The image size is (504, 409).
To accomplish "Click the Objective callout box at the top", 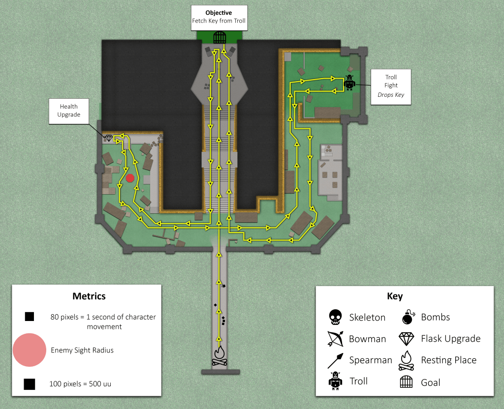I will [x=219, y=16].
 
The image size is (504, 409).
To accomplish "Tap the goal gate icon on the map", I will [x=219, y=36].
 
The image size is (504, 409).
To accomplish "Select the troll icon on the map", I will [x=349, y=82].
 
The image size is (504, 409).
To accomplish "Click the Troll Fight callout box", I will [x=390, y=86].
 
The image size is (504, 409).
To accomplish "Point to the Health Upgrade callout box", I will [x=69, y=111].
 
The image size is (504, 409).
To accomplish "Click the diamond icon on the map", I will [x=109, y=138].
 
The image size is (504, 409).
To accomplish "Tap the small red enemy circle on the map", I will [x=130, y=178].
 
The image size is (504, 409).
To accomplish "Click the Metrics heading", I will [x=89, y=296].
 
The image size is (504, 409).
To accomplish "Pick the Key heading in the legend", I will [x=395, y=296].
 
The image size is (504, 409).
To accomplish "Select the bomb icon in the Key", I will [x=408, y=317].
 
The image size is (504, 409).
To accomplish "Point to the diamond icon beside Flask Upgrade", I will [x=407, y=339].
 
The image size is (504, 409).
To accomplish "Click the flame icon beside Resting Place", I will [x=407, y=360].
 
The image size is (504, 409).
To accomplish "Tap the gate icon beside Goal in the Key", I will [x=407, y=382].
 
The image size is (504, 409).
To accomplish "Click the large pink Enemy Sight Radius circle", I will [x=30, y=350].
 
